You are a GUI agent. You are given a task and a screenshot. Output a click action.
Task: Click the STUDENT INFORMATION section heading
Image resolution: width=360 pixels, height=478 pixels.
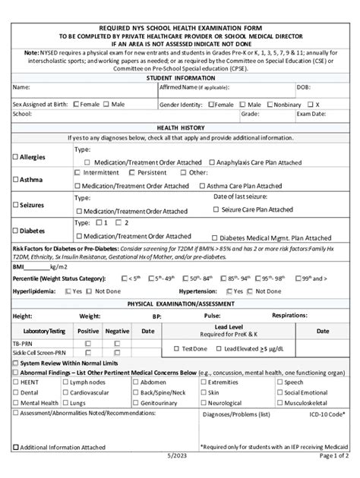point(180,77)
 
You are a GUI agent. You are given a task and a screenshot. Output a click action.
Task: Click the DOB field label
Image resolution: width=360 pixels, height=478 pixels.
point(304,88)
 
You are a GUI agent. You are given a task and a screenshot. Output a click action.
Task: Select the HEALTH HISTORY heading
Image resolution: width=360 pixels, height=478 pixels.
point(180,127)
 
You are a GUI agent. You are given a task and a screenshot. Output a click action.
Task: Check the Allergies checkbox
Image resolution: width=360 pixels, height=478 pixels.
point(15,156)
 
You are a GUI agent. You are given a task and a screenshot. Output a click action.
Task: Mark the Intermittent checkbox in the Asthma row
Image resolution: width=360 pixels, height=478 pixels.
point(78,173)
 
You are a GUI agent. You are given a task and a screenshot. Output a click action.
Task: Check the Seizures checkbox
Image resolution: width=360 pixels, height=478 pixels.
point(15,205)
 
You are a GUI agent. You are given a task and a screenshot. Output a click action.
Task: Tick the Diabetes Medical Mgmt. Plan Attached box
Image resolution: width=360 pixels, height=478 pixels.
point(213,237)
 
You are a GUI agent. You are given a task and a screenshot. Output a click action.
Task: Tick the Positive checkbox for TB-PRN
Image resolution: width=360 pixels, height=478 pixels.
point(88,344)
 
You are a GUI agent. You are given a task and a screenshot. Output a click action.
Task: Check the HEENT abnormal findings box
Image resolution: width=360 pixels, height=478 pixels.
point(15,382)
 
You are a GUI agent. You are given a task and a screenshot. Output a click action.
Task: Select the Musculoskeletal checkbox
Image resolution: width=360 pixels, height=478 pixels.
point(278,402)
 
